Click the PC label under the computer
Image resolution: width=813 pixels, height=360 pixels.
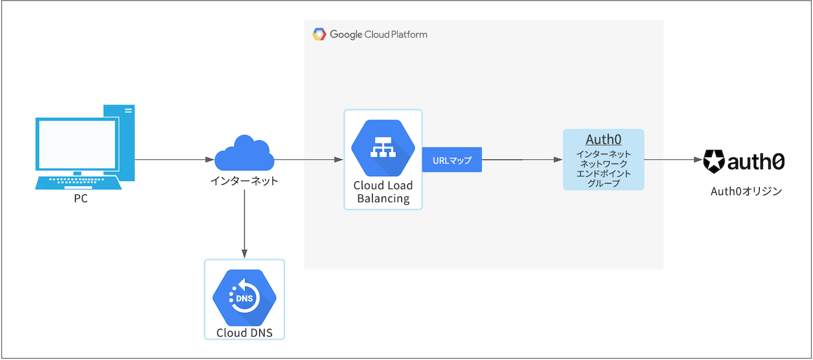(x=81, y=199)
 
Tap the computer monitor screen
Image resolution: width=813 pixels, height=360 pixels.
(x=76, y=144)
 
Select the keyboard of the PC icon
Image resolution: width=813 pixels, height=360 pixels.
(x=78, y=182)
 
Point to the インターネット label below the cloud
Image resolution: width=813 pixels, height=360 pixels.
(x=244, y=181)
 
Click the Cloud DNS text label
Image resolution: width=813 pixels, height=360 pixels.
(x=244, y=332)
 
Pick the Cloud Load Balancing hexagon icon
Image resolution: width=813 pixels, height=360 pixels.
(x=383, y=149)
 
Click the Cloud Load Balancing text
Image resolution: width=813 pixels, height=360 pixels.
(x=383, y=192)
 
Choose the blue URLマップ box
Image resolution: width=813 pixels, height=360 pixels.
(x=452, y=160)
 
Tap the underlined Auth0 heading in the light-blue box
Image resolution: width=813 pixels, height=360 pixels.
(x=603, y=139)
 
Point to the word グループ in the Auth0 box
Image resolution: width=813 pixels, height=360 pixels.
(x=603, y=183)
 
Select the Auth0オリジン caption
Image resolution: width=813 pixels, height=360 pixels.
(x=746, y=191)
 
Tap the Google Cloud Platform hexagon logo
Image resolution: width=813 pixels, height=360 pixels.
(x=319, y=35)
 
